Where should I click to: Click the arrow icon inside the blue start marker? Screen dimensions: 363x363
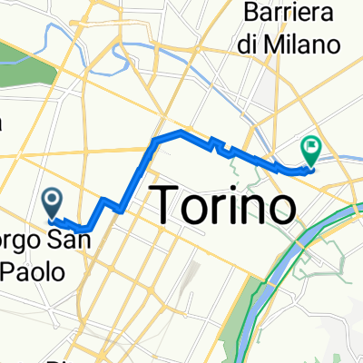pyautogui.click(x=52, y=197)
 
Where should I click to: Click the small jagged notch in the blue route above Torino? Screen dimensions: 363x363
pyautogui.click(x=214, y=143)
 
